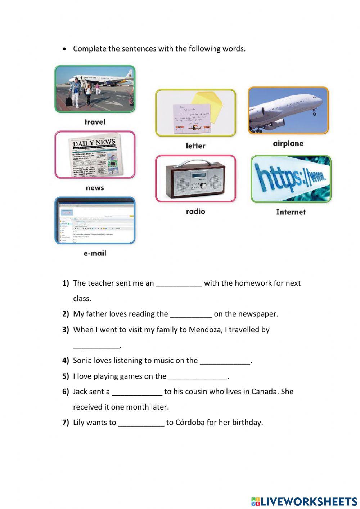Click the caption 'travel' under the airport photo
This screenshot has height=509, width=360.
point(95,122)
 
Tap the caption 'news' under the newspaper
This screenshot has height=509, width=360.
point(95,188)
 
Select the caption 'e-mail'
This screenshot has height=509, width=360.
point(95,253)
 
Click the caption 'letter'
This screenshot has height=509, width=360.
point(195,146)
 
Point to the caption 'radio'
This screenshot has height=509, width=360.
point(195,211)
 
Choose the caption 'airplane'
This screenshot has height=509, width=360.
point(288,143)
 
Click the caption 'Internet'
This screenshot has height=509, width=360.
point(291,212)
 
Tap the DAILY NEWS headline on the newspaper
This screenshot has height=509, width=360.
point(94,143)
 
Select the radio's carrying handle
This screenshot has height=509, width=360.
point(195,163)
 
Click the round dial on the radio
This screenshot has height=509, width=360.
point(204,186)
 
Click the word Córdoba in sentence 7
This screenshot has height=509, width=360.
point(190,422)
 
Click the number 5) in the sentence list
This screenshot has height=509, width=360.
point(66,376)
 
